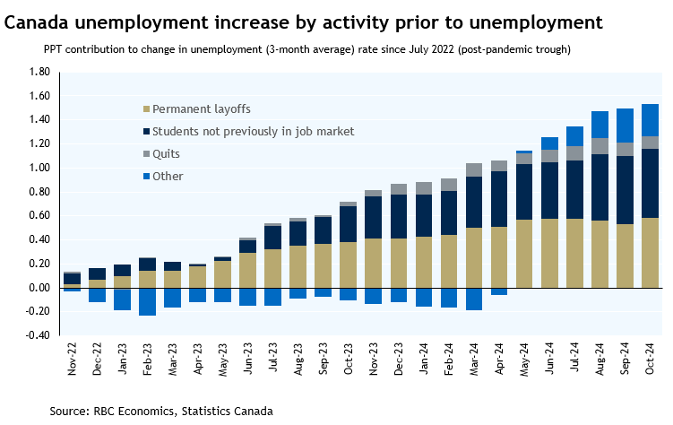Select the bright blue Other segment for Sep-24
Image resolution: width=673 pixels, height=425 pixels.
[625, 125]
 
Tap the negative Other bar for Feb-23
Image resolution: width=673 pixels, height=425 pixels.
[147, 301]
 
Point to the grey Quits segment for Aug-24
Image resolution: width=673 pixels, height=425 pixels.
[600, 146]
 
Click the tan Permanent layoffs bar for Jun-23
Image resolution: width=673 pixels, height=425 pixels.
[247, 270]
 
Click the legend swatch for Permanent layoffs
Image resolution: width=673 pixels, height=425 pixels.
[147, 109]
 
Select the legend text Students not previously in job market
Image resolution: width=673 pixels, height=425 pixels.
[254, 132]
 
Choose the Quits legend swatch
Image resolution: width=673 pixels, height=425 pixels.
[147, 154]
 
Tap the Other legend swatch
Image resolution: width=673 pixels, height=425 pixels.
[147, 177]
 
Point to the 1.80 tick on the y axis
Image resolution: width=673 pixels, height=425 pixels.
[39, 72]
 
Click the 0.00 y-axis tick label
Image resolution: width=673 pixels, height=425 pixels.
[39, 288]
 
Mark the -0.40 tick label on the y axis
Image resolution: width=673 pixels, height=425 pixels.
[38, 335]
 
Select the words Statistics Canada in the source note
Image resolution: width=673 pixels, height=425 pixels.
[228, 411]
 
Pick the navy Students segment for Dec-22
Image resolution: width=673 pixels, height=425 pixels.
[97, 273]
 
